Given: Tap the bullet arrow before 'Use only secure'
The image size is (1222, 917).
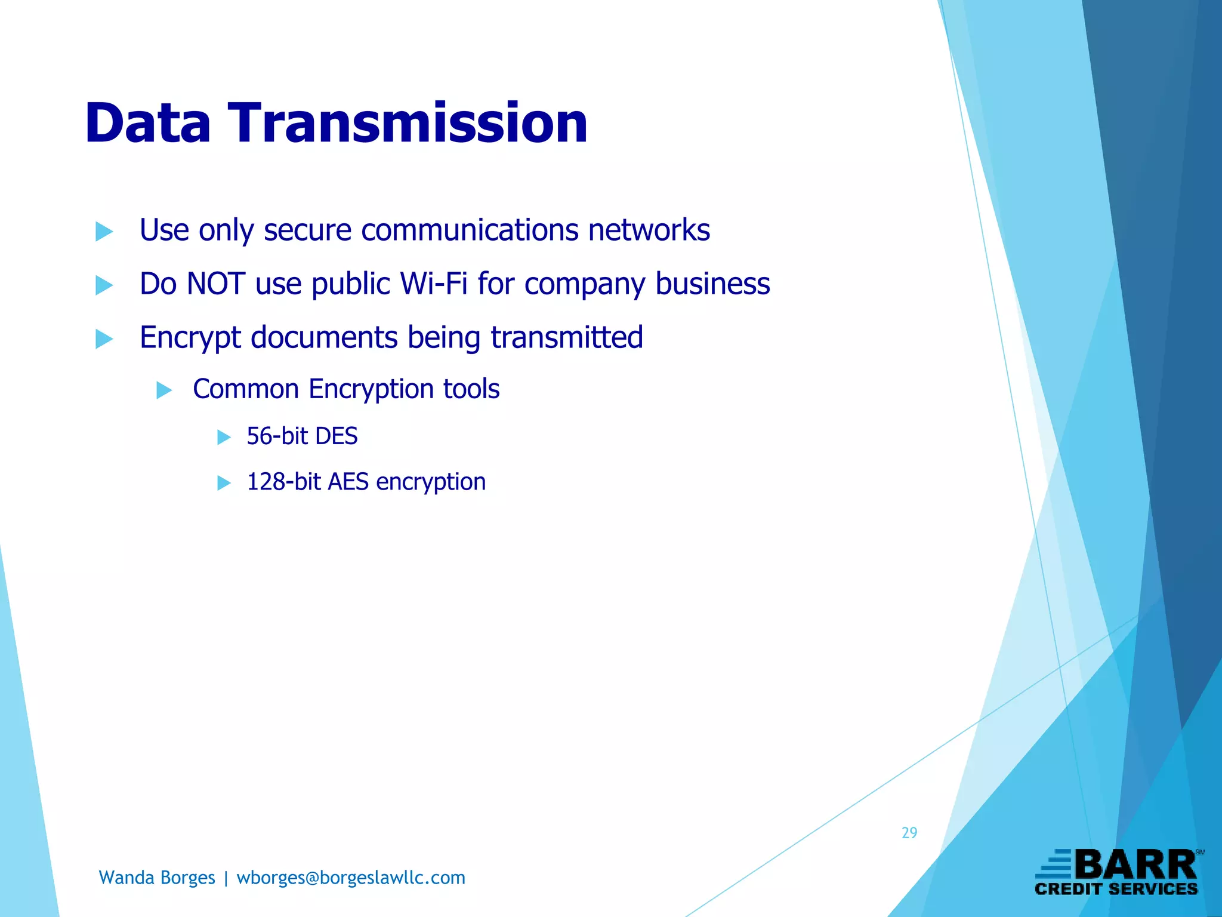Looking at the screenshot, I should (104, 232).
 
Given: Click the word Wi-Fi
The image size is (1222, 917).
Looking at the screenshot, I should (434, 284).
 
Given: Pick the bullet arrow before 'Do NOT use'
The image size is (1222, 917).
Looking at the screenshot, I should (104, 285).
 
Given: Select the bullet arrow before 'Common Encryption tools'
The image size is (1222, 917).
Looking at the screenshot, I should (164, 390).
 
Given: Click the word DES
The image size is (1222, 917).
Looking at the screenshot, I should (337, 436).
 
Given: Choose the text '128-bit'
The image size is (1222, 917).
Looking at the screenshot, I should (283, 482).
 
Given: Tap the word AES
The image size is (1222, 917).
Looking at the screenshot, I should (348, 482).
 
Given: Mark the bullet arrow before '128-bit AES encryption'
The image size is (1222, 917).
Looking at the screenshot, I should (224, 482).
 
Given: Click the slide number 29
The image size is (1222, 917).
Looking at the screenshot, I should (909, 833).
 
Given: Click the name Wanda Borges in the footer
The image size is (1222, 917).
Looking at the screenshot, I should (157, 878).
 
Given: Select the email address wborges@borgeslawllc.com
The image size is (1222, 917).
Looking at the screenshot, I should (351, 878).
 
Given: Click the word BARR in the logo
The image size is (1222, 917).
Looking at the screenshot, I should (1136, 865).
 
